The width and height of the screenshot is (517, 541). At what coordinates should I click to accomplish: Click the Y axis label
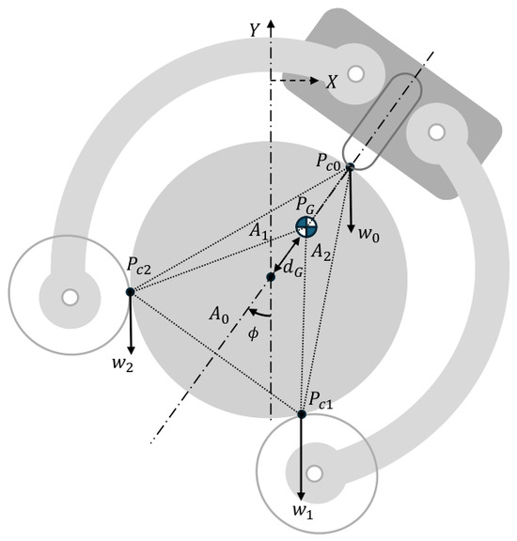(x=255, y=30)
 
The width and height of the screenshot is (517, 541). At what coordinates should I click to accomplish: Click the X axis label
(x=332, y=82)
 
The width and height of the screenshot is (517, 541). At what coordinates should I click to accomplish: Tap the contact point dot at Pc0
(x=351, y=167)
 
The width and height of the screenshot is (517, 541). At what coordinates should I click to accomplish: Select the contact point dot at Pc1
(x=302, y=414)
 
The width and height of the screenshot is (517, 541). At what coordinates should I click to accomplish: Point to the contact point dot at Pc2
(x=131, y=292)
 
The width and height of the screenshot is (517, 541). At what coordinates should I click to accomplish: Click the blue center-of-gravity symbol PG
(x=306, y=226)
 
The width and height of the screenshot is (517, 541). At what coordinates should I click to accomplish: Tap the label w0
(x=368, y=235)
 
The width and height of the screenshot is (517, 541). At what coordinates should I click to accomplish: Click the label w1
(x=303, y=511)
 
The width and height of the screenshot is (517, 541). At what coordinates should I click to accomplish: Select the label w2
(x=122, y=364)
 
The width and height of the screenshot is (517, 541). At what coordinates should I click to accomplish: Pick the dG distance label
(x=293, y=269)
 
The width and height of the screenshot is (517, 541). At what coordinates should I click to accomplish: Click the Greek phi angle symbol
(x=254, y=333)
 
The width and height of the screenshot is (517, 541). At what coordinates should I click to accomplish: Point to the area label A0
(x=219, y=315)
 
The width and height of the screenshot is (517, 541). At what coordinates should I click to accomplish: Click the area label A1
(x=258, y=231)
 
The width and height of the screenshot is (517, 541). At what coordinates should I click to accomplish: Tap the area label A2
(x=321, y=253)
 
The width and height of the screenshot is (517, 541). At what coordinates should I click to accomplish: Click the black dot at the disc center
(x=271, y=277)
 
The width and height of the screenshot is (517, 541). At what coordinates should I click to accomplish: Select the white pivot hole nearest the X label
(x=356, y=73)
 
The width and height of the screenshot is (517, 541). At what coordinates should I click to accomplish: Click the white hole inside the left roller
(x=70, y=297)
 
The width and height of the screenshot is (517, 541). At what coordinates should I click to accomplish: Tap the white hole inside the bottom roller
(x=314, y=473)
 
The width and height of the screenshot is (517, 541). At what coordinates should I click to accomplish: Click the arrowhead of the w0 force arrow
(x=352, y=228)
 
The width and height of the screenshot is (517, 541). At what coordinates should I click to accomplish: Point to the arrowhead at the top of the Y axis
(x=271, y=24)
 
